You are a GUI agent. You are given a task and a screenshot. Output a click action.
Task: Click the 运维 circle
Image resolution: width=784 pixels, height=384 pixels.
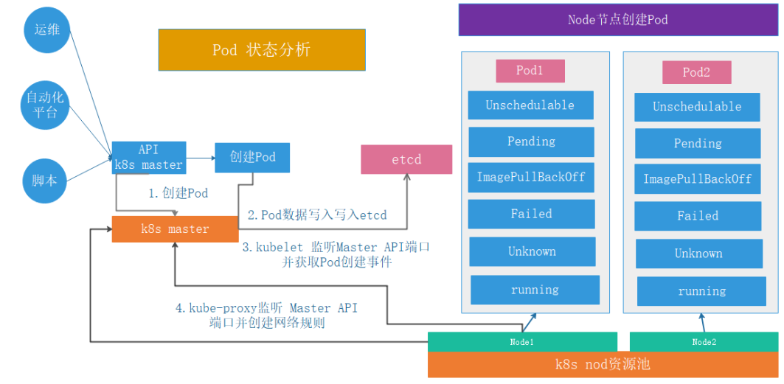47,29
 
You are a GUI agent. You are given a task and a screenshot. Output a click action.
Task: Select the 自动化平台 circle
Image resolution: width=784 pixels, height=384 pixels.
46,104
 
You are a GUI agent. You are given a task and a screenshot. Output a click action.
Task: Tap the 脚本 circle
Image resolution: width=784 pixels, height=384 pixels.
44,181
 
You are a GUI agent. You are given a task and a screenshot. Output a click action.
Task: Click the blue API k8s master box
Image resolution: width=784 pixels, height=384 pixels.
149,157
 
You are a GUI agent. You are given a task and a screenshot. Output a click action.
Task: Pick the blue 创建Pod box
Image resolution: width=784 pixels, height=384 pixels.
252,158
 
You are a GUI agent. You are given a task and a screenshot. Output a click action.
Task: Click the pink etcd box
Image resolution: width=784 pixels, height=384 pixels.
406,159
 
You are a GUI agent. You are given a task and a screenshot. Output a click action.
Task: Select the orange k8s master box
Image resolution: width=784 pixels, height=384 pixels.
175,229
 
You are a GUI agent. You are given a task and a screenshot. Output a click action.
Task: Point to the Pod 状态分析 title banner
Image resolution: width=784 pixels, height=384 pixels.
262,49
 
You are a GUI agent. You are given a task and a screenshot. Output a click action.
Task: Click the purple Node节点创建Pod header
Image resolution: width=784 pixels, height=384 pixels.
618,20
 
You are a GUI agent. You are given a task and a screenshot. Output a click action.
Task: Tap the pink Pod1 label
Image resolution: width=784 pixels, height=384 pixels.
530,71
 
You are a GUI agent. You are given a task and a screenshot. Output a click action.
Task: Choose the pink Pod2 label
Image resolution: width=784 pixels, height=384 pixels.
696,72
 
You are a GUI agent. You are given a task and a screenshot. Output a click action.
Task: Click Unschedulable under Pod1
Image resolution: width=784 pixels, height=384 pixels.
530,105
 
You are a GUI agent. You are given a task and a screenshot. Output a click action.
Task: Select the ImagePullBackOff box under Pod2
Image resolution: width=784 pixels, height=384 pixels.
698,179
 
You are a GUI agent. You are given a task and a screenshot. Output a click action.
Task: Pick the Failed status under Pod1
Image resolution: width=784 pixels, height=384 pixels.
532,214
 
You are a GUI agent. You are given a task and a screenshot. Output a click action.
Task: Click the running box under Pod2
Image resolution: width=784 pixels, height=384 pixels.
701,291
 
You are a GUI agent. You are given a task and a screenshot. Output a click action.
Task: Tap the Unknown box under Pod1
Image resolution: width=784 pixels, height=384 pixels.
533,251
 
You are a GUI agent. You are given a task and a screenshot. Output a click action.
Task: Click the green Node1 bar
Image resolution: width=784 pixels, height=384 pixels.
522,342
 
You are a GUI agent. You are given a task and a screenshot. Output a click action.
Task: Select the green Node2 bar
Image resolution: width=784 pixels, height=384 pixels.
704,342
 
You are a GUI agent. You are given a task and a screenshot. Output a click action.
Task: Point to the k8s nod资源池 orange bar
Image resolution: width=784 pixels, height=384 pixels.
603,365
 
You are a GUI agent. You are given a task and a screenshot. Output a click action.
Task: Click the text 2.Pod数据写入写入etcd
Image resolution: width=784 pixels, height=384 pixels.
317,215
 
